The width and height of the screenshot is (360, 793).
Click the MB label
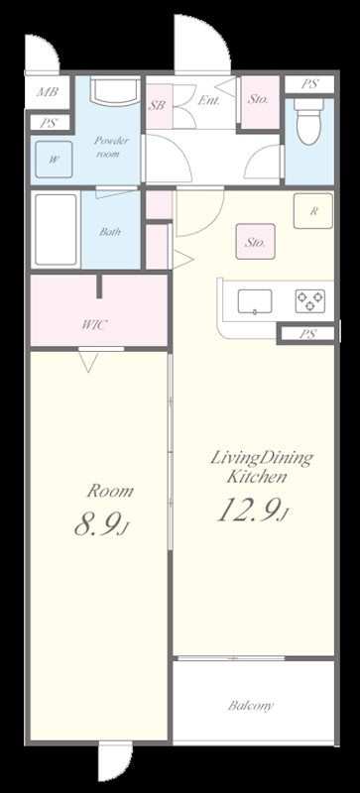tap(48, 92)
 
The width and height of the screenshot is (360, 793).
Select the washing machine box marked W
tap(54, 160)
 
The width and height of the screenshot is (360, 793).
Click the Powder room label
tap(111, 147)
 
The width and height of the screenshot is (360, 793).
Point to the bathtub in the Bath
tap(56, 229)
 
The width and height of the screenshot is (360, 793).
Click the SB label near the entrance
tap(157, 106)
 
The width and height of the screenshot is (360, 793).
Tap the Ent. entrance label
tap(208, 101)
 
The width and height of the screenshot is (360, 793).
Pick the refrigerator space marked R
tap(313, 211)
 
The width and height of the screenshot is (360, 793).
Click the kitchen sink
tap(255, 301)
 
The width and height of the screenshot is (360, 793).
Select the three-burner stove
tap(309, 301)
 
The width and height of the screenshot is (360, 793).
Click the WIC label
tap(94, 325)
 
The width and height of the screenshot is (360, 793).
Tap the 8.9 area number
tap(101, 523)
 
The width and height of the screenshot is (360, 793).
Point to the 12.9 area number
tap(253, 510)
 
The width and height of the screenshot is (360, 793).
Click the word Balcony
tap(251, 706)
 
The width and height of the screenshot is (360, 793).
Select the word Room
tap(110, 491)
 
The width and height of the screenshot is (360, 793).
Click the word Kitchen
tap(257, 477)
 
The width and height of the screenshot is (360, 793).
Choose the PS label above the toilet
tap(309, 84)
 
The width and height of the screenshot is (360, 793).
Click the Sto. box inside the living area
tap(255, 242)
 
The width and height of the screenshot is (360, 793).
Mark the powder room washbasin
tap(115, 91)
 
